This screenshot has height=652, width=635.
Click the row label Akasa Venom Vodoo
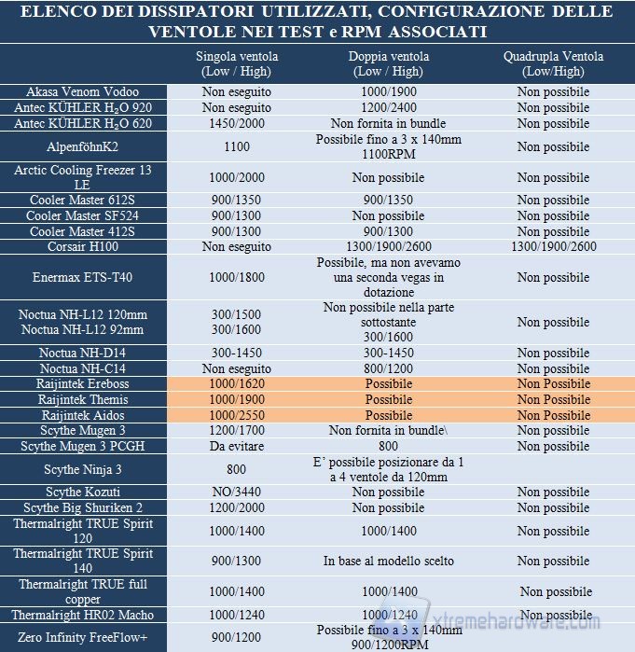point(83,92)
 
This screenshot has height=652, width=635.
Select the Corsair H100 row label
point(83,247)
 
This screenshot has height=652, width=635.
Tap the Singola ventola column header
point(237,63)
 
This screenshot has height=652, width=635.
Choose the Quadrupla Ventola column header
point(553,63)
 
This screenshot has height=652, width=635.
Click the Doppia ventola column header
point(389,63)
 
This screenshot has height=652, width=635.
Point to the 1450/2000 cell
point(237,123)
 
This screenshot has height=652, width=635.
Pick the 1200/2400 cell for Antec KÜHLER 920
point(389,108)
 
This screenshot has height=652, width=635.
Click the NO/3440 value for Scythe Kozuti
point(237,492)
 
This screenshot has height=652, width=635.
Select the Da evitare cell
point(237,447)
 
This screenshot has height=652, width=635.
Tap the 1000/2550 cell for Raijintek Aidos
point(237,415)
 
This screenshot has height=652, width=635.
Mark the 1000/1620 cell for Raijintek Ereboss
point(237,384)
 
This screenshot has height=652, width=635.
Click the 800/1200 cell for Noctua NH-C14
point(389,368)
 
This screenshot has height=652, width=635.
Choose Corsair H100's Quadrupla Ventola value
point(553,247)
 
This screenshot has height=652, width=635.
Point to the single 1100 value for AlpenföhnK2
point(237,146)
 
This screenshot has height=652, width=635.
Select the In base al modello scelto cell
point(389,562)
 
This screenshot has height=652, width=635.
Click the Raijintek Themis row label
point(83,399)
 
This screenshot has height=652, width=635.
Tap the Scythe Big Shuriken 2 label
point(83,507)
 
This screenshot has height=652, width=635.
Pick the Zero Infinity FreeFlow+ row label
point(83,638)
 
